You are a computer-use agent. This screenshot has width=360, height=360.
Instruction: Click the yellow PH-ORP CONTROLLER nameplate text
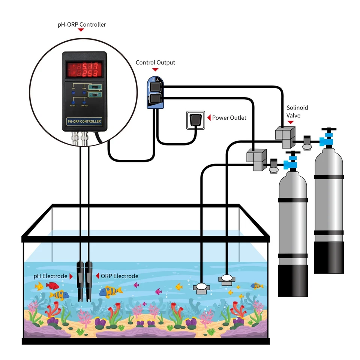tap(84, 121)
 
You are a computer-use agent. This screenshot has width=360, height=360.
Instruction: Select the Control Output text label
tap(155, 63)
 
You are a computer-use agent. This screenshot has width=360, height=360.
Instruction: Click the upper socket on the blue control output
tap(155, 87)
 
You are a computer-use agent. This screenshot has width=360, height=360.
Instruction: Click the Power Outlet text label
tap(229, 118)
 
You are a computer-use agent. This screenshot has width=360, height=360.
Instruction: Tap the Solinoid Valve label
tap(297, 111)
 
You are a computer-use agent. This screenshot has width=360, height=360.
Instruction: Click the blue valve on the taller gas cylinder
tap(327, 139)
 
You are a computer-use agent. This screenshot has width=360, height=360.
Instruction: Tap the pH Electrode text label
tap(50, 276)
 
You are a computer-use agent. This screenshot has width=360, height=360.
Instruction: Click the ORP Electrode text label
tap(119, 276)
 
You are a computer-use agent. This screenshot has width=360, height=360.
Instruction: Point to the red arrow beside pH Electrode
tap(71, 276)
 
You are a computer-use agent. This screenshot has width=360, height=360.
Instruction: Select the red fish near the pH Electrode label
tap(52, 286)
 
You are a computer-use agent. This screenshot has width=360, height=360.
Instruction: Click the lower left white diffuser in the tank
tap(201, 287)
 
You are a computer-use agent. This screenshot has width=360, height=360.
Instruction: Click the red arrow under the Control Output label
tap(155, 70)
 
